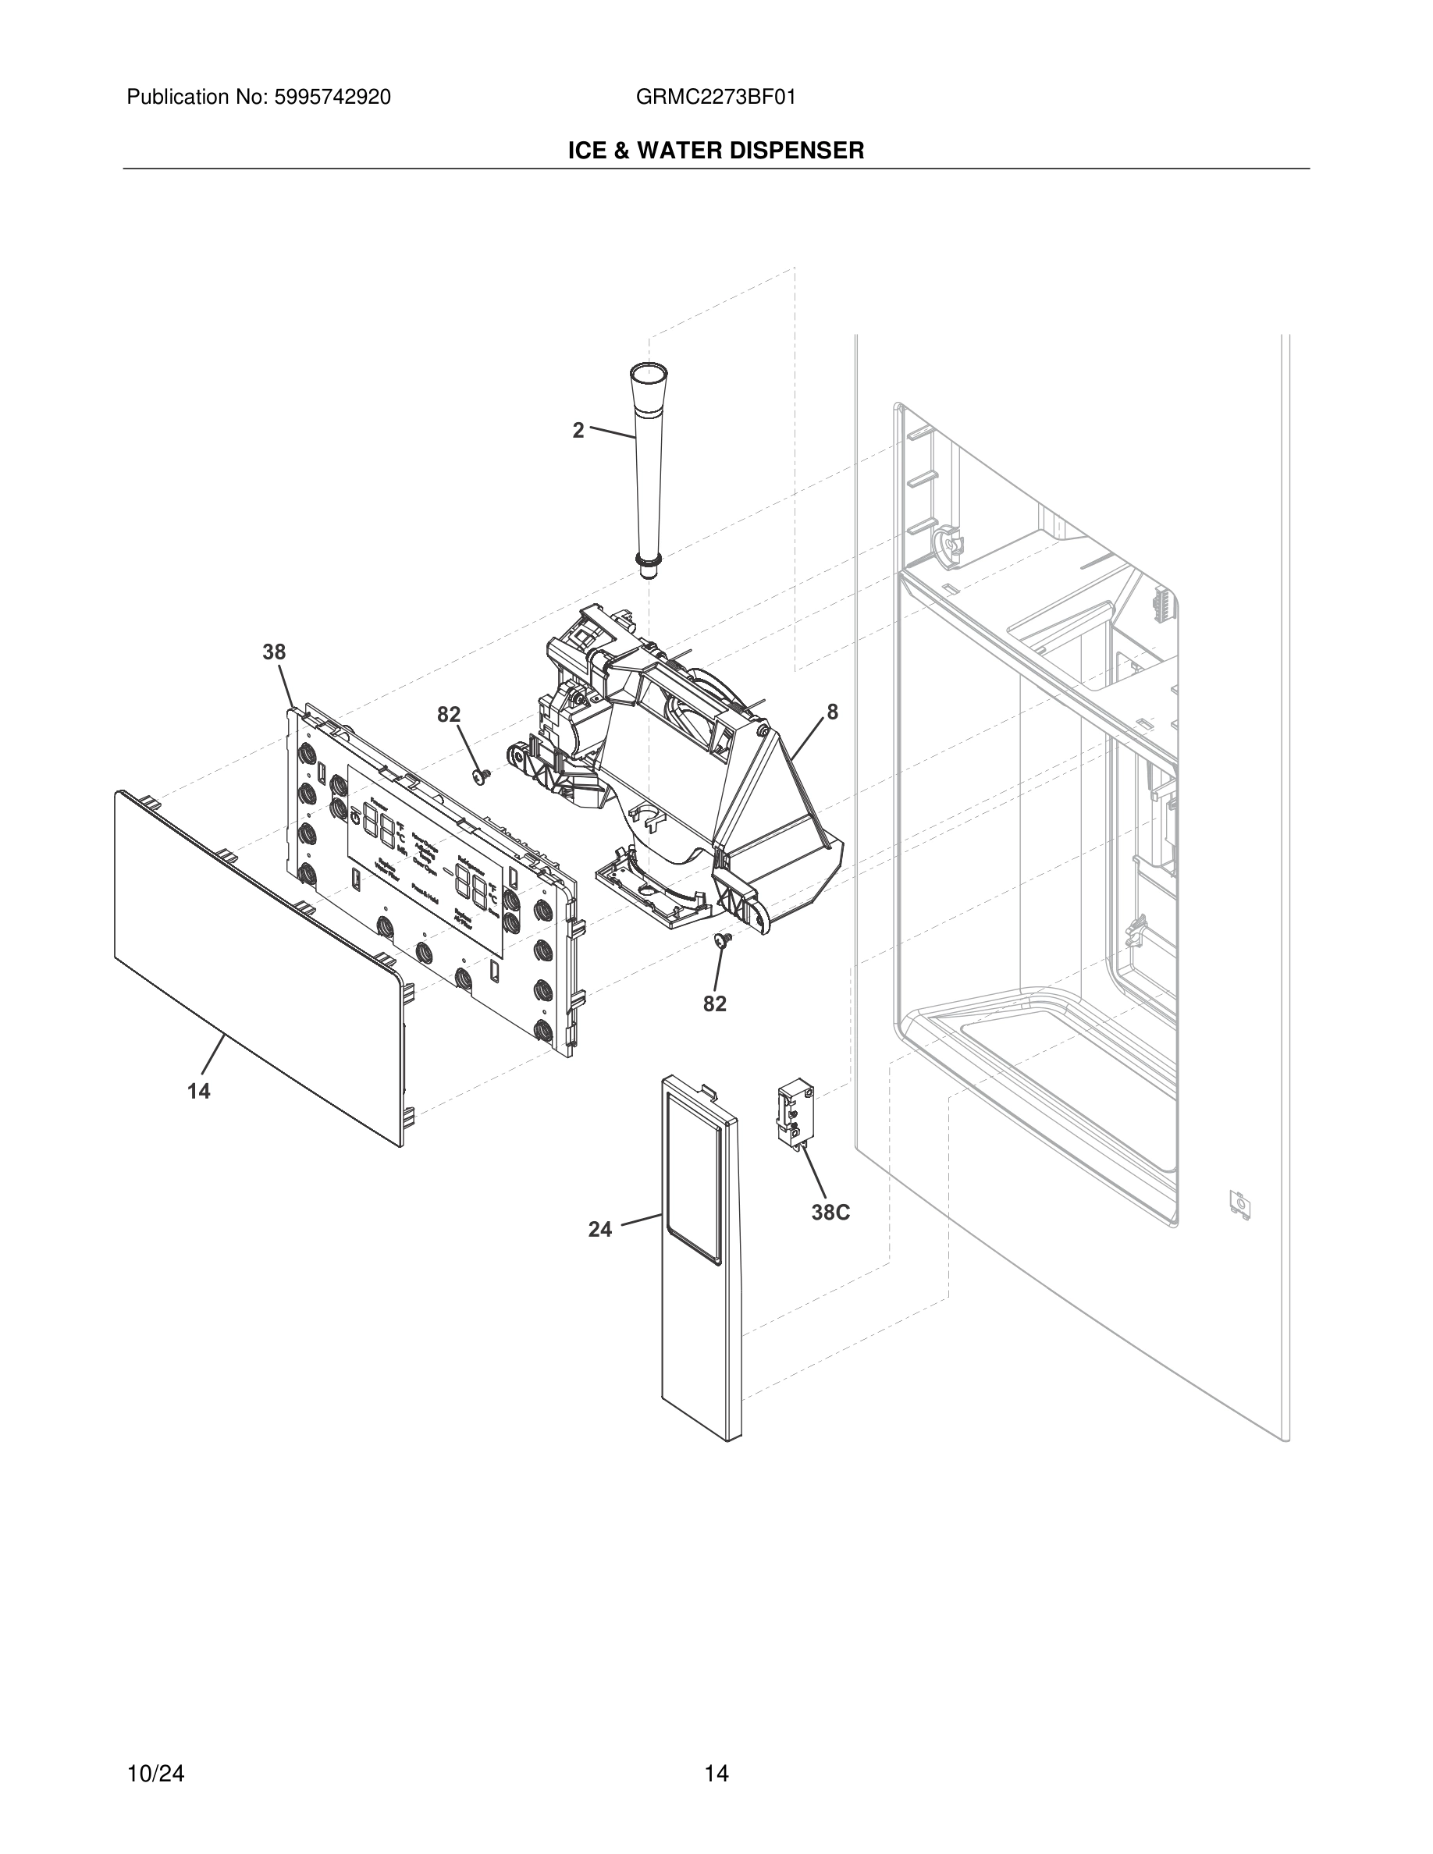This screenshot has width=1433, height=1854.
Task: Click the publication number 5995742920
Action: (331, 98)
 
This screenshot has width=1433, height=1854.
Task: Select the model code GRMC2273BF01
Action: (716, 98)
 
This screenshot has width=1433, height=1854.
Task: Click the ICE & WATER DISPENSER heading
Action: (716, 151)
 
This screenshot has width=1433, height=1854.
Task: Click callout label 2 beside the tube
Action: (578, 431)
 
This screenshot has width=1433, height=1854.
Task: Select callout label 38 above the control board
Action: (273, 652)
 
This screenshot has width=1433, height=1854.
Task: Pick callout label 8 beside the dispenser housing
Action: (832, 712)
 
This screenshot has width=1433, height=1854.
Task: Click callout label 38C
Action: (830, 1213)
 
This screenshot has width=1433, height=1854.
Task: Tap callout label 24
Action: (600, 1229)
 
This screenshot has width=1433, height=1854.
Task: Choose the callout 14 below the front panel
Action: (199, 1092)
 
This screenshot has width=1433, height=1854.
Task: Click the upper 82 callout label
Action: (448, 715)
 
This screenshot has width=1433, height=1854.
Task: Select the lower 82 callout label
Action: (714, 1004)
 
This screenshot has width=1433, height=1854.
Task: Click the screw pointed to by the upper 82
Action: (481, 776)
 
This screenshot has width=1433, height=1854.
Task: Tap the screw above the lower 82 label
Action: (724, 939)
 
